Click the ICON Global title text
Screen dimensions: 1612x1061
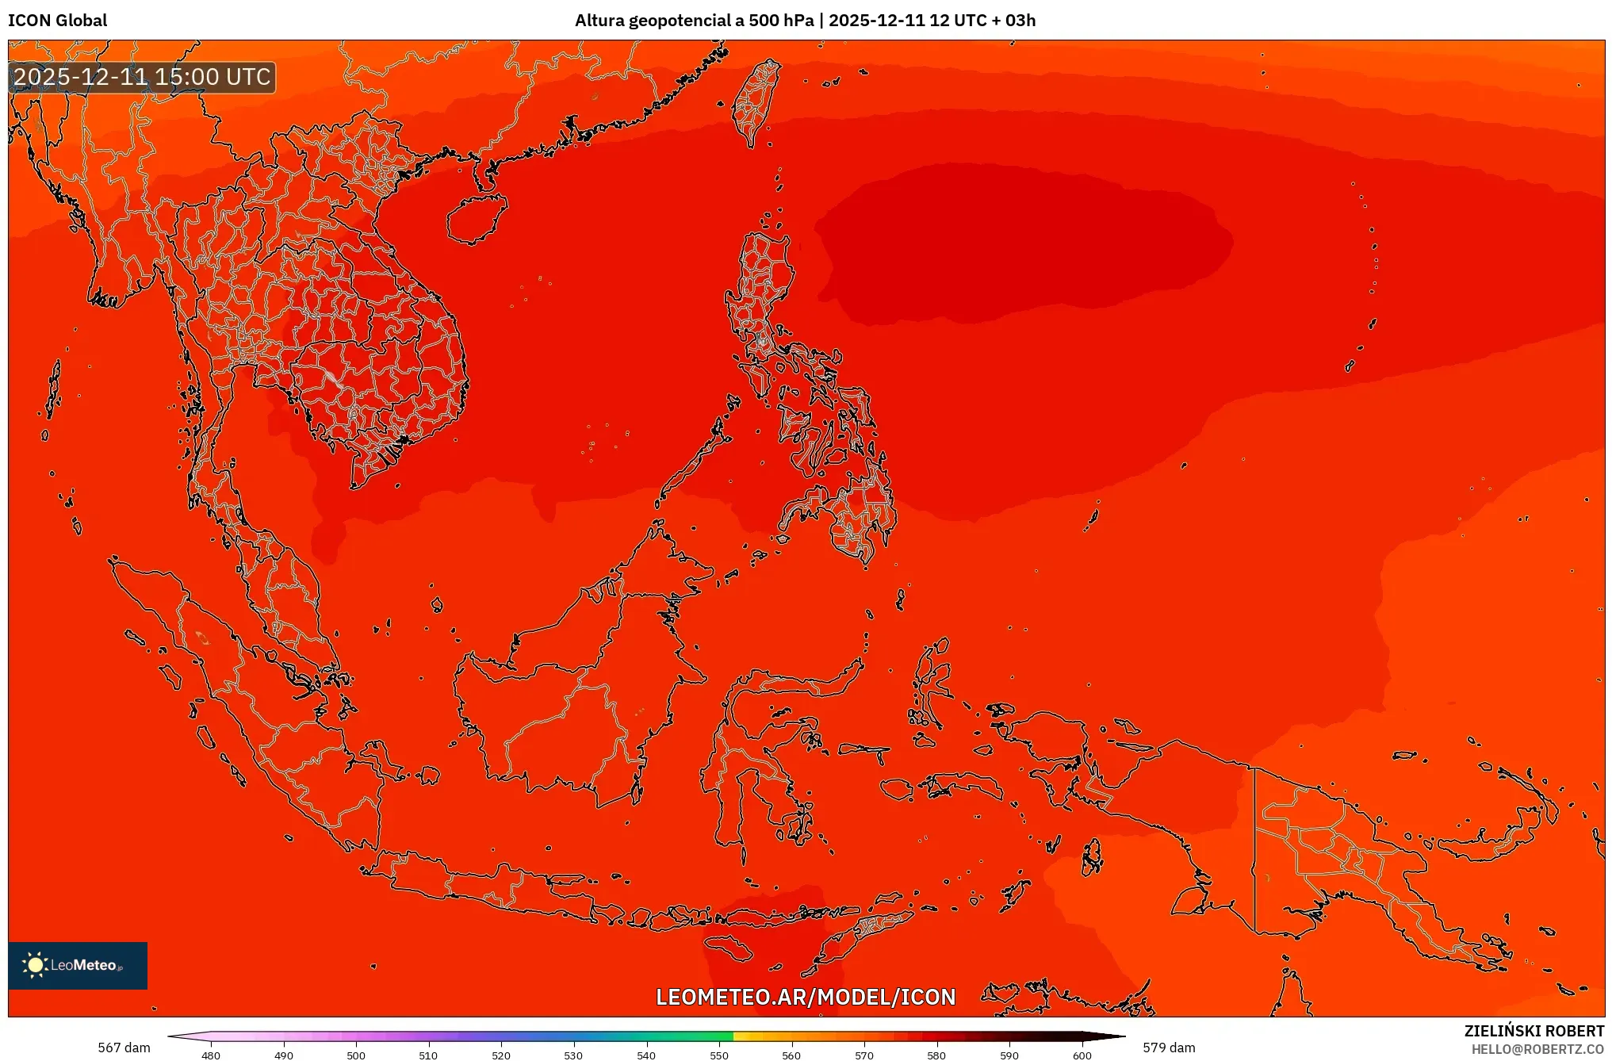pyautogui.click(x=57, y=21)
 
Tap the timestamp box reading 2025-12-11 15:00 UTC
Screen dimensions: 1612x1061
pyautogui.click(x=142, y=77)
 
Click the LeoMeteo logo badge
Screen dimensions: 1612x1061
pyautogui.click(x=78, y=965)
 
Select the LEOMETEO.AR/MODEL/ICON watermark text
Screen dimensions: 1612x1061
pyautogui.click(x=806, y=997)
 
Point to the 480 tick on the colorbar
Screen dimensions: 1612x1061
pyautogui.click(x=211, y=1055)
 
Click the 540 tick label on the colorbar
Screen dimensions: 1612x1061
pyautogui.click(x=646, y=1055)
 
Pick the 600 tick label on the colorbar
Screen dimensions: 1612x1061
pyautogui.click(x=1082, y=1055)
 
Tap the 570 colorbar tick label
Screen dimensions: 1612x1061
pyautogui.click(x=864, y=1055)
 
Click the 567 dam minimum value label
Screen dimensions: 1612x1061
pyautogui.click(x=124, y=1048)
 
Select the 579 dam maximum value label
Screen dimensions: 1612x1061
pyautogui.click(x=1169, y=1048)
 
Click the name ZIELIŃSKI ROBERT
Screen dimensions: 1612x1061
pyautogui.click(x=1534, y=1031)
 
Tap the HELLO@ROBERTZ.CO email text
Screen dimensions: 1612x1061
pyautogui.click(x=1537, y=1049)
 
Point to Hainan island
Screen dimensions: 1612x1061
pyautogui.click(x=476, y=218)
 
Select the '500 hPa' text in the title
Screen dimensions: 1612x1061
pyautogui.click(x=781, y=21)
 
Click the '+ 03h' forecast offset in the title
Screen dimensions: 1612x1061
pyautogui.click(x=1013, y=21)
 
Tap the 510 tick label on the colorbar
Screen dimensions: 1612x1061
pyautogui.click(x=428, y=1055)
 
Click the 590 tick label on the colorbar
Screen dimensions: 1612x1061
pyautogui.click(x=1009, y=1055)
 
